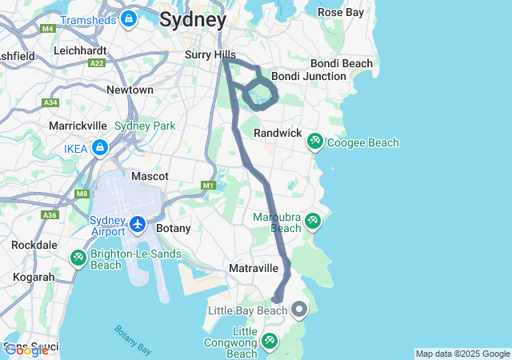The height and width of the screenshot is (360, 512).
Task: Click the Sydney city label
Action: point(193,19)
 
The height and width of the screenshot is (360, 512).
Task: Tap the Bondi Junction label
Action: point(309,76)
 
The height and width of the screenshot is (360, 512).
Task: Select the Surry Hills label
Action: point(208,54)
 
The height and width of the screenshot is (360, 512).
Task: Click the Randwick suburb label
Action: point(277,132)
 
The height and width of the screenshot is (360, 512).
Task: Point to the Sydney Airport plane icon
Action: point(137,224)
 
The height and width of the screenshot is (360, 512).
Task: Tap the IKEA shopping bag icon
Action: point(99,148)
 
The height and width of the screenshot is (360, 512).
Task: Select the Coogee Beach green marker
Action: point(315,142)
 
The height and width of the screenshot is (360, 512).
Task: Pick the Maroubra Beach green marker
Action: point(312,220)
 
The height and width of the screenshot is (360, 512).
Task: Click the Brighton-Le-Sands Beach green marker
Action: point(78,258)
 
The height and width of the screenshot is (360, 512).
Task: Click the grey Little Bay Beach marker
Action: point(299,309)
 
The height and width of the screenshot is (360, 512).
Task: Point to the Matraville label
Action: point(253,269)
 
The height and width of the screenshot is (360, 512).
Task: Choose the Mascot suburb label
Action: point(150,175)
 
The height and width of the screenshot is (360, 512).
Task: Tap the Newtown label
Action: point(130,90)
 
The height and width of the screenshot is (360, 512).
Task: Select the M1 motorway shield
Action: point(208,186)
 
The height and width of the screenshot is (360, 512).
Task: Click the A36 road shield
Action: point(50,215)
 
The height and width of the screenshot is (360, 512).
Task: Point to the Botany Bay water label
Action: point(133,340)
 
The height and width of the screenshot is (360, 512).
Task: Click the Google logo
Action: point(26,350)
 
